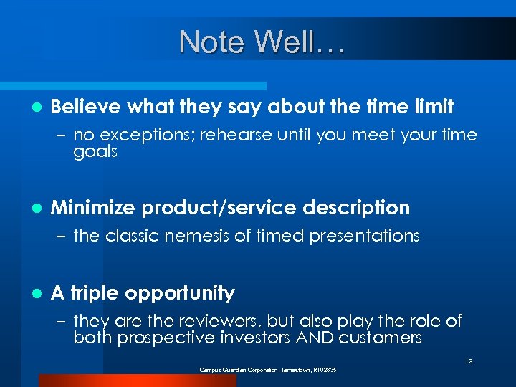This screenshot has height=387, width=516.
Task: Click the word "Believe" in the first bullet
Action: (86, 107)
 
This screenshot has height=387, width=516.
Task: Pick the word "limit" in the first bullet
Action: (432, 107)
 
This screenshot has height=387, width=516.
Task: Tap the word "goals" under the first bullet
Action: (95, 152)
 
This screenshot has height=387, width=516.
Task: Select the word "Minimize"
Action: (93, 209)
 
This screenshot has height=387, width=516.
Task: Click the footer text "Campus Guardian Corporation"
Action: (236, 369)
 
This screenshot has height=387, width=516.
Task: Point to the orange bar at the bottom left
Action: (136, 381)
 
